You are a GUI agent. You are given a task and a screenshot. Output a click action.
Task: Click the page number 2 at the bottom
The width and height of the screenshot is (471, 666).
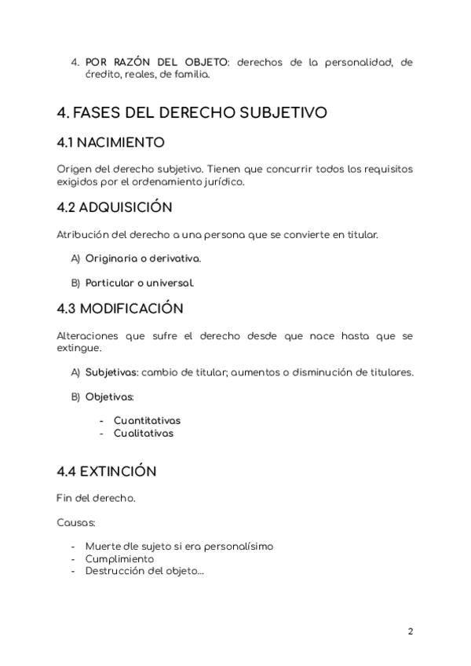click(410, 631)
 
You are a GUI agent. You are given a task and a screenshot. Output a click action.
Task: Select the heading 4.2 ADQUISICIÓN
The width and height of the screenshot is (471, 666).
click(115, 208)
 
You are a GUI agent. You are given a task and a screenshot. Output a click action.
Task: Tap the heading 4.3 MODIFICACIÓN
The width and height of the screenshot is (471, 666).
click(120, 308)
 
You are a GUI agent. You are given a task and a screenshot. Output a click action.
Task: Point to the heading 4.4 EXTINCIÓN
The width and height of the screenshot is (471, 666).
click(107, 471)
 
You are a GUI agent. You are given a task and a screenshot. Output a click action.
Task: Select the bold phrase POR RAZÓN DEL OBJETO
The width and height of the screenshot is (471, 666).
click(155, 61)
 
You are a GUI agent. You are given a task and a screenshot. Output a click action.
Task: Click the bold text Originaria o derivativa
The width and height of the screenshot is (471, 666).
click(143, 258)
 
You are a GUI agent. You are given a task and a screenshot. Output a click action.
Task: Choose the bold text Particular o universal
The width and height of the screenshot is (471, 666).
click(140, 282)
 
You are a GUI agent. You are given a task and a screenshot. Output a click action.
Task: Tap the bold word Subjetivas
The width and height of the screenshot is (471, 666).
click(111, 372)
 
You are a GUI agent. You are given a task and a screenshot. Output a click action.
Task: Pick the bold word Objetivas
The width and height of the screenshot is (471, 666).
click(109, 397)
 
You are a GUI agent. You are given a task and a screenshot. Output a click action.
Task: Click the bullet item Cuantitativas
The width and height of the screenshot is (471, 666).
click(147, 421)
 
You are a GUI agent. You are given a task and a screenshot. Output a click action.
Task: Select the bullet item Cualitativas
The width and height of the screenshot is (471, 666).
click(144, 433)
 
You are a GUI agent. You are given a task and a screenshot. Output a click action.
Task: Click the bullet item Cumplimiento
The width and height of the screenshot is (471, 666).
click(119, 558)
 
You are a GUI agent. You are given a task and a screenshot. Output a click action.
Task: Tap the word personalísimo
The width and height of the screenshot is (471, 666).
click(237, 547)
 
